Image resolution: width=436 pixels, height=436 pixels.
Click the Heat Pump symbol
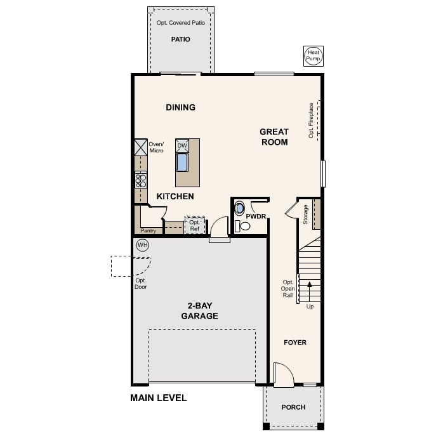(314, 56)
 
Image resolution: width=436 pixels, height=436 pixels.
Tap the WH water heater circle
(143, 245)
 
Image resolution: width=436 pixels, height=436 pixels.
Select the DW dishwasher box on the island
(182, 146)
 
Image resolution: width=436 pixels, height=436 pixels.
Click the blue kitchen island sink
(182, 162)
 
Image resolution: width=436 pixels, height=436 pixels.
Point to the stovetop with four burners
(141, 181)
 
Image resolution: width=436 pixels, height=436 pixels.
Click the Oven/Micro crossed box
(141, 148)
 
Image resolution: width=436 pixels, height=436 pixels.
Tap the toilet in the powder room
(242, 226)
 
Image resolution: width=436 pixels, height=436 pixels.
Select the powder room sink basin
(239, 209)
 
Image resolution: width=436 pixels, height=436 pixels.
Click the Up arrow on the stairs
(310, 292)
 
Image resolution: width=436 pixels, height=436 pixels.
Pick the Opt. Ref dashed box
(195, 225)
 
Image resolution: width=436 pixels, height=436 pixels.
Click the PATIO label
(181, 39)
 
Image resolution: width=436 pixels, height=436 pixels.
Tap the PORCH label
(293, 407)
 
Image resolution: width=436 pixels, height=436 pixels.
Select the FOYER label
(295, 343)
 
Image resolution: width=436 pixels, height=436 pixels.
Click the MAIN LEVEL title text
(159, 398)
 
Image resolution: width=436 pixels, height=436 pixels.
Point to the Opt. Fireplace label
(311, 120)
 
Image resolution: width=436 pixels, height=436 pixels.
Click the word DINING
(181, 107)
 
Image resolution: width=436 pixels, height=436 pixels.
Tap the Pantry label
(149, 230)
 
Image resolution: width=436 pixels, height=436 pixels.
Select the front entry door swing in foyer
(284, 374)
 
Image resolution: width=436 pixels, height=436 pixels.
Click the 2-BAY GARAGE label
(200, 311)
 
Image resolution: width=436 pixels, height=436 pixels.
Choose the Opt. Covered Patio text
(181, 23)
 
